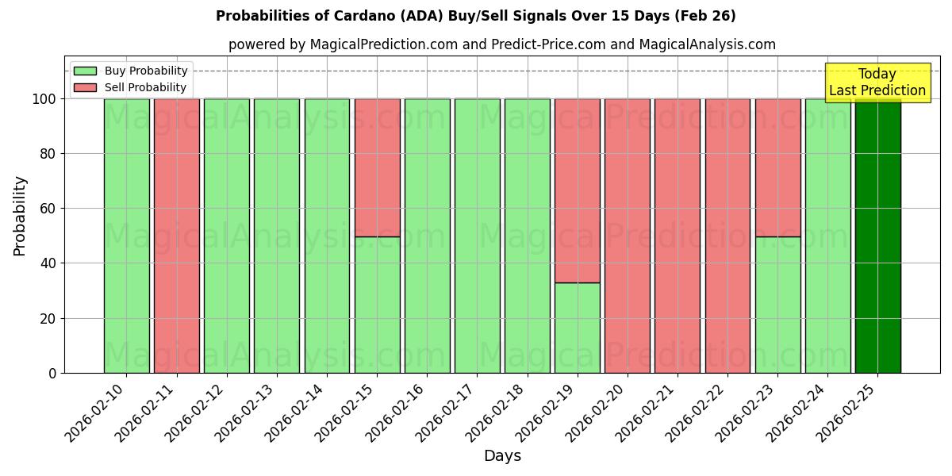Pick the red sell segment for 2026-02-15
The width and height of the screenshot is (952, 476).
377,167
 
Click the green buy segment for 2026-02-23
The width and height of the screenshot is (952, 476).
777,305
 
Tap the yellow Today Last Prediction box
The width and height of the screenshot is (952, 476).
877,83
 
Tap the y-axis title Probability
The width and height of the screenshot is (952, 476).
20,216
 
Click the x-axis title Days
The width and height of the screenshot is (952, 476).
502,456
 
